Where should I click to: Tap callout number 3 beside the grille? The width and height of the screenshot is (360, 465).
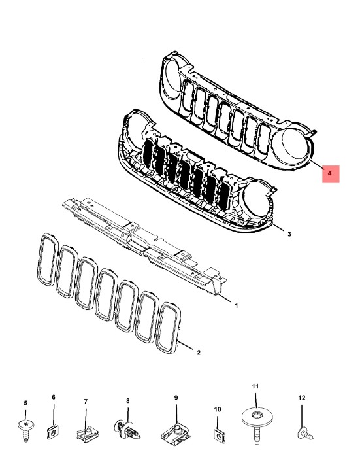pyautogui.click(x=289, y=234)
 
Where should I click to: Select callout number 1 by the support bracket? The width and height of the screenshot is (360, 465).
pyautogui.click(x=236, y=305)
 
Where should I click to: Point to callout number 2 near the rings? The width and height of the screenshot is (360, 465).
pyautogui.click(x=199, y=353)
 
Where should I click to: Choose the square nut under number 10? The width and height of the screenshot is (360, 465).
pyautogui.click(x=219, y=436)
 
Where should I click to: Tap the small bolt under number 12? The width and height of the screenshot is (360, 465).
pyautogui.click(x=304, y=433)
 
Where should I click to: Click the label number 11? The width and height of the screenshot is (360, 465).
pyautogui.click(x=255, y=386)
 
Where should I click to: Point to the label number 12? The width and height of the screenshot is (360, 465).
pyautogui.click(x=302, y=398)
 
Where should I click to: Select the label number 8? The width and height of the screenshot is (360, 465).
pyautogui.click(x=127, y=401)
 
